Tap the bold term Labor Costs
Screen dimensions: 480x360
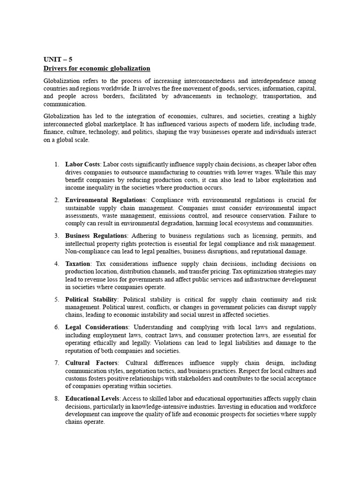pos(82,165)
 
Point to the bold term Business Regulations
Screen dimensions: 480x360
pos(96,236)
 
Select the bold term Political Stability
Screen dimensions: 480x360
pos(92,300)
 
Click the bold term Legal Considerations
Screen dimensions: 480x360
pos(97,327)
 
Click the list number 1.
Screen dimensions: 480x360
pos(56,165)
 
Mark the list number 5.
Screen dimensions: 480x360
pos(56,300)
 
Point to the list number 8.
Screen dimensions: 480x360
pos(56,398)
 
